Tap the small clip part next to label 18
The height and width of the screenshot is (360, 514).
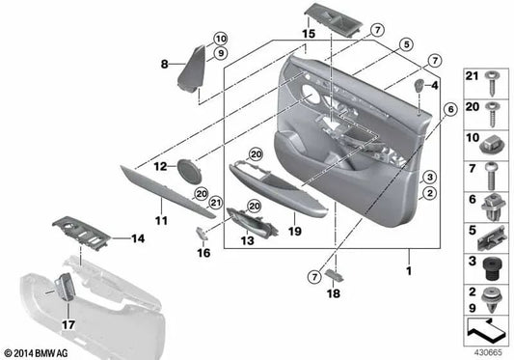(333, 274)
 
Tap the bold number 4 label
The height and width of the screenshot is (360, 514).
(434, 86)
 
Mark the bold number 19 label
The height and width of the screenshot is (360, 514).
(296, 232)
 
